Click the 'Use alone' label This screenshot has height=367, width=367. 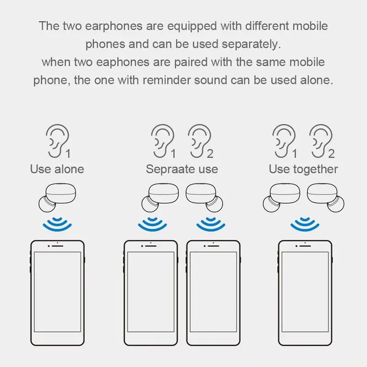(57, 169)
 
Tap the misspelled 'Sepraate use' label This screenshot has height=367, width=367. (182, 169)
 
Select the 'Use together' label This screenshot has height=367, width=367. (303, 169)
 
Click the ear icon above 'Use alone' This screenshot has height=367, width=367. (56, 141)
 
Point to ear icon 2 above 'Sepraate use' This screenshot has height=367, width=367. (200, 141)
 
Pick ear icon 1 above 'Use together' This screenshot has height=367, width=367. (284, 141)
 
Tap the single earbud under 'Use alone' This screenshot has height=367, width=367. (57, 198)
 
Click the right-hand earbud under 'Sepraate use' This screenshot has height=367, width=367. (204, 198)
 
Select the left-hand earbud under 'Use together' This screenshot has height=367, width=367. (282, 198)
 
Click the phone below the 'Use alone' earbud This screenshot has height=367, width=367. (57, 293)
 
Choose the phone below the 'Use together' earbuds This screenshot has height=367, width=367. (305, 293)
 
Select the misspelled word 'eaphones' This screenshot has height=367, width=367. (122, 62)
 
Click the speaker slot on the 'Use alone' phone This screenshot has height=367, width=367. (57, 246)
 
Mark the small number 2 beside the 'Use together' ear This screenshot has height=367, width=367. (331, 154)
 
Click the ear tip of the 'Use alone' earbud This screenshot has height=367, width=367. (47, 204)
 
